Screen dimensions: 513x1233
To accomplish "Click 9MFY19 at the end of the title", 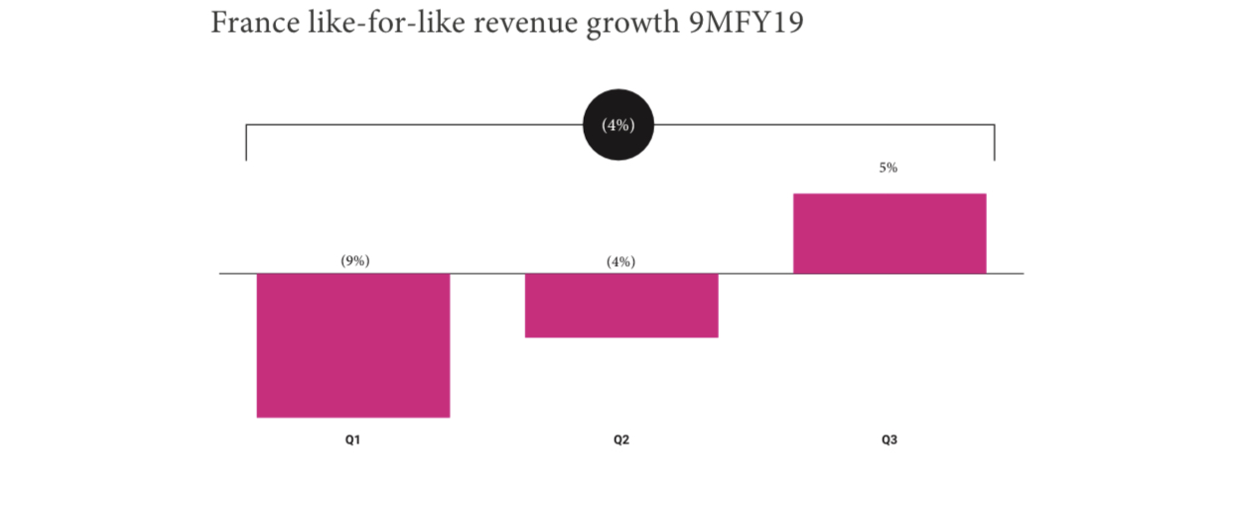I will pos(747,22).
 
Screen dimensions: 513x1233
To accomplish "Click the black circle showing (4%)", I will pos(617,125).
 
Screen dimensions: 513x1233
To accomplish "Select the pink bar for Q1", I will pos(352,345).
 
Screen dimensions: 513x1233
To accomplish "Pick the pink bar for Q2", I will pos(620,306).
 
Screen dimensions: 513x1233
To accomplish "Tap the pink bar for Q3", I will pos(889,233).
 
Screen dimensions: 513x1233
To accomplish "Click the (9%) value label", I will pos(354,260).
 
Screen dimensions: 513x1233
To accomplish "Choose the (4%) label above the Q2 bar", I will pos(620,262).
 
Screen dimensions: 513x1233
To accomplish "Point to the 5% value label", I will pos(888,168).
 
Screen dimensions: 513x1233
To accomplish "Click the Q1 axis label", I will pos(352,440).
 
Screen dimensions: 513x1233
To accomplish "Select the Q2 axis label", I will pos(620,440).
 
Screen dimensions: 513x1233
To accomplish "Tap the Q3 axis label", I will pos(889,440).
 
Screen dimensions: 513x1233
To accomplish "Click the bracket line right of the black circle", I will pos(824,125).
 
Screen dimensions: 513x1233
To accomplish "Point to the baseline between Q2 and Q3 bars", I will pos(755,273).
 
